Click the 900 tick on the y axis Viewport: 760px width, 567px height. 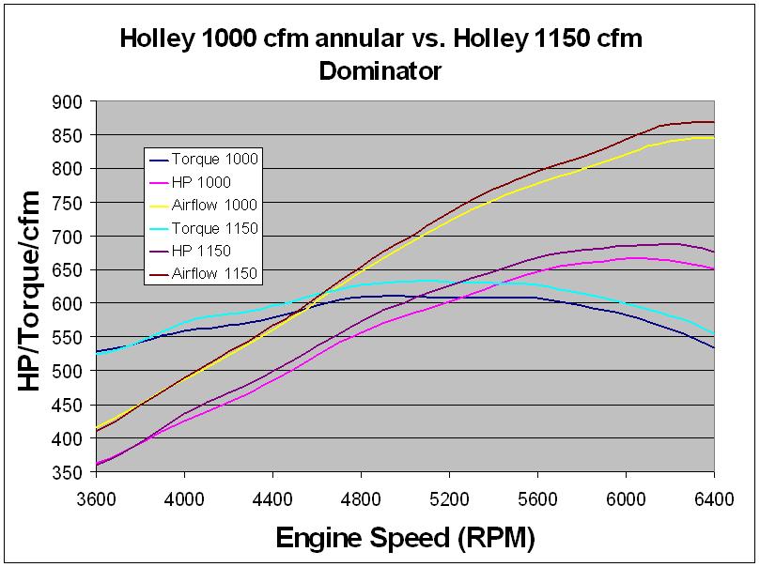[x=69, y=101]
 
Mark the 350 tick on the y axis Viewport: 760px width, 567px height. [x=69, y=472]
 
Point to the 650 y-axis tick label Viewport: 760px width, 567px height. [x=69, y=270]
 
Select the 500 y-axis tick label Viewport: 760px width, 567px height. [x=69, y=371]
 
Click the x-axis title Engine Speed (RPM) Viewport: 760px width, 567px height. [x=405, y=539]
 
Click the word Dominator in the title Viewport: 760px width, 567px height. [x=380, y=70]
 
